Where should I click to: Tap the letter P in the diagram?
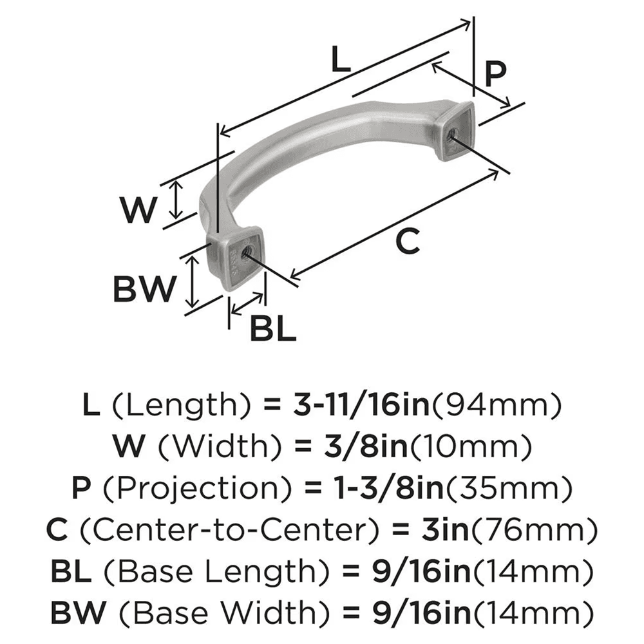494,74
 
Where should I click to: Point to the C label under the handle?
407,241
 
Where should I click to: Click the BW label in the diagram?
144,289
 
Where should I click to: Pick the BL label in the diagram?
272,330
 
